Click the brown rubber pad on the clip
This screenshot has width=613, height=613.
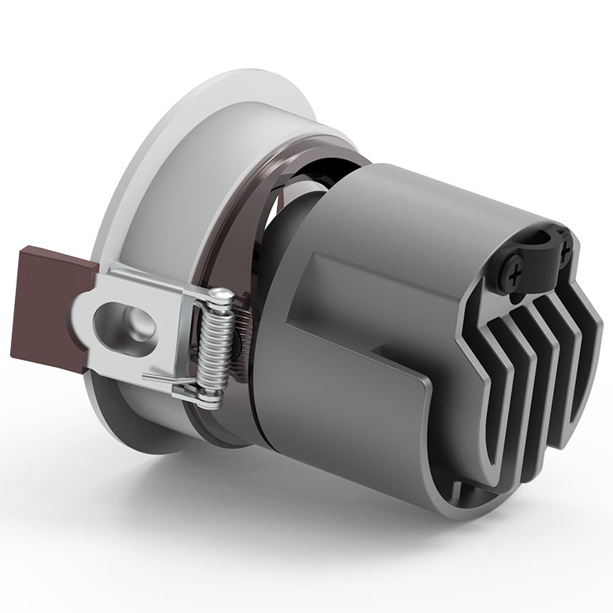pos(47,308)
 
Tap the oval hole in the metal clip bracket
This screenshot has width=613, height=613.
pos(125,324)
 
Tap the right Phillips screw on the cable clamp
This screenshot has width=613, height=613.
pos(565,254)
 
